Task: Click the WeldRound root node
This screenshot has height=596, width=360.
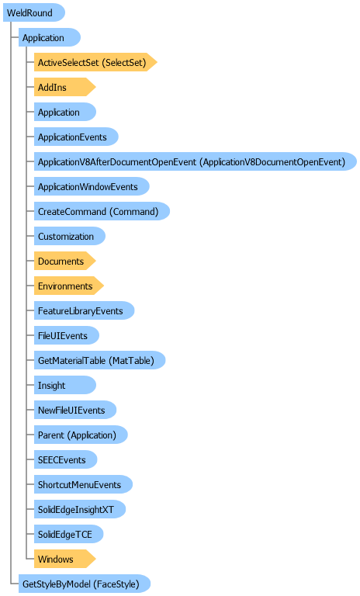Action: [x=34, y=12]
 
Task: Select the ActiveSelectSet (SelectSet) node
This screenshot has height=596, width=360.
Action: [x=95, y=62]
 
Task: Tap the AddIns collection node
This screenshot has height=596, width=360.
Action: [x=64, y=87]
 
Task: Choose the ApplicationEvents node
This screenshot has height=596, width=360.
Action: [x=76, y=137]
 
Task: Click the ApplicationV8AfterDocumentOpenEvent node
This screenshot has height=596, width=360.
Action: [x=196, y=161]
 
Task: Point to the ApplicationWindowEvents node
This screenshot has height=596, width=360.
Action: [x=92, y=186]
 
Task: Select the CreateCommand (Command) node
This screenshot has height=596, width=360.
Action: [x=102, y=211]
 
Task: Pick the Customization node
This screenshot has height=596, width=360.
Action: [x=70, y=236]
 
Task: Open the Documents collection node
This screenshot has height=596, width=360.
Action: [x=64, y=261]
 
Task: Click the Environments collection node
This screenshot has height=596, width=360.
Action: [x=69, y=286]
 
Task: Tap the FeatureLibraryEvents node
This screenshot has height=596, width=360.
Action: [x=84, y=310]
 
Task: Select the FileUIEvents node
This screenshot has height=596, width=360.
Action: [x=67, y=335]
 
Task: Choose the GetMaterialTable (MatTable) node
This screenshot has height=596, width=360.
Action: [x=99, y=360]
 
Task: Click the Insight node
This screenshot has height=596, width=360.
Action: [x=65, y=385]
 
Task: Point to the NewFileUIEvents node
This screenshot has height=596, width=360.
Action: [x=75, y=410]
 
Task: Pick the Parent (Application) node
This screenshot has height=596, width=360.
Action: [x=81, y=435]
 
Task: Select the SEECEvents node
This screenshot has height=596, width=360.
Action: [x=65, y=459]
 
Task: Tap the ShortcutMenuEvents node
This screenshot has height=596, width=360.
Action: [x=83, y=484]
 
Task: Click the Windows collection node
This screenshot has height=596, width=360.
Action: [x=64, y=559]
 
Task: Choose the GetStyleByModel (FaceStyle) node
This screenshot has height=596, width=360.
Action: [x=85, y=584]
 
